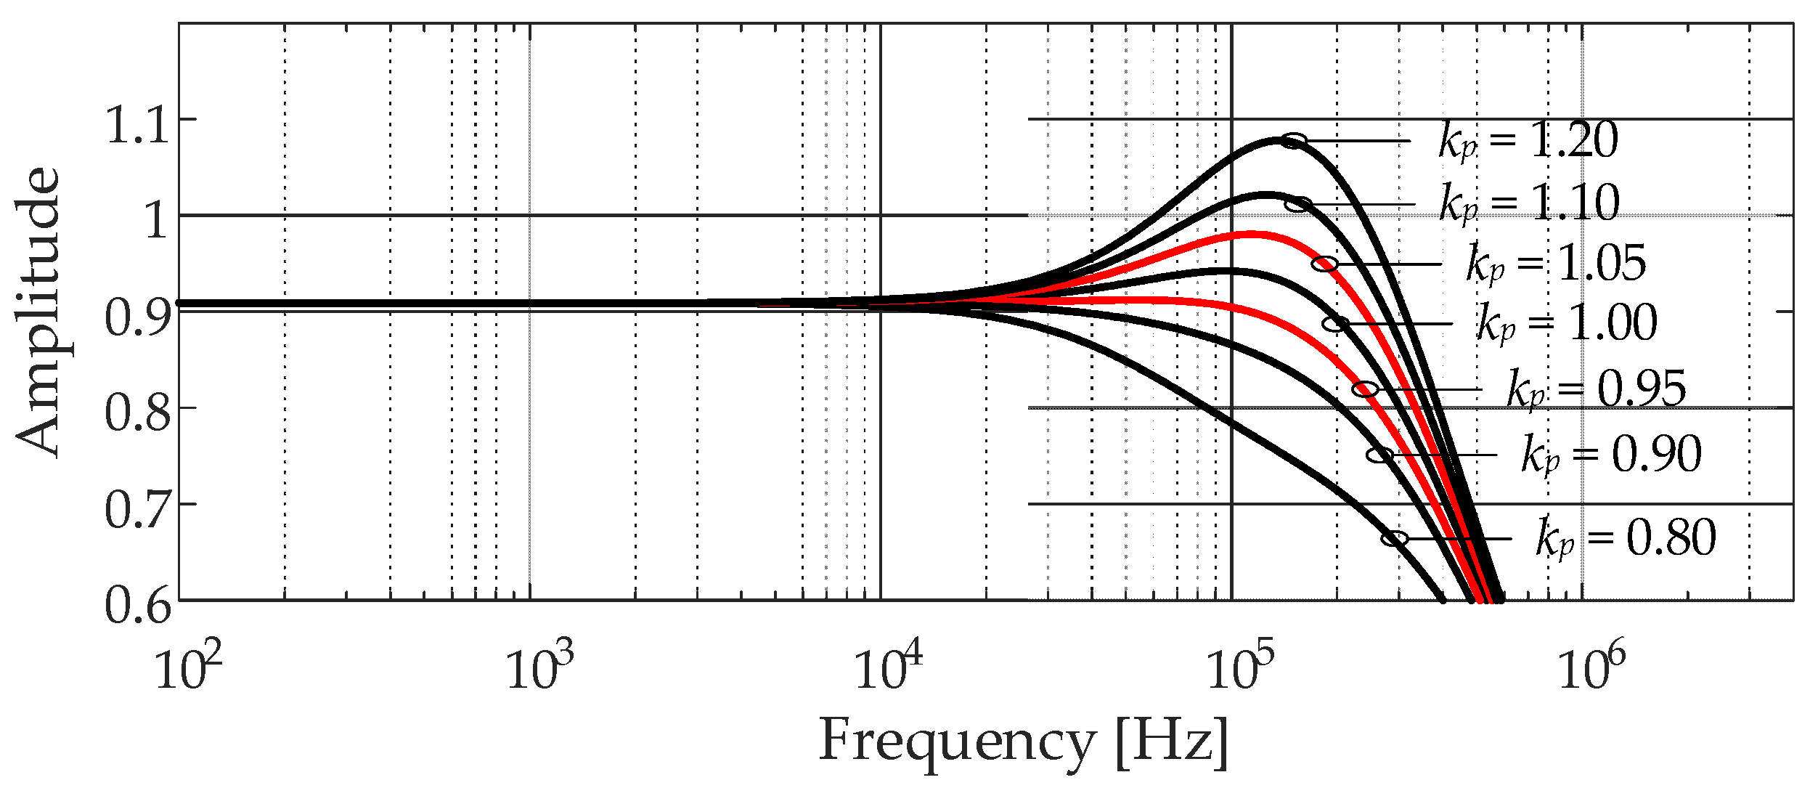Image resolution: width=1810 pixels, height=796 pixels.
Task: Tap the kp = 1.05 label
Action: (x=1556, y=263)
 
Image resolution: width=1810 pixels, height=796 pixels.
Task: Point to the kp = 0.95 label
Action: (x=1596, y=389)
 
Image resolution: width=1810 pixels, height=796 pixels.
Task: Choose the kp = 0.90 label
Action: (x=1611, y=455)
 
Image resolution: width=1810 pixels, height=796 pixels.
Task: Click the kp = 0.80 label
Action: (x=1626, y=538)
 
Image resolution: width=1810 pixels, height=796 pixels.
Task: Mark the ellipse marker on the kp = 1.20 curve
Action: (x=1293, y=141)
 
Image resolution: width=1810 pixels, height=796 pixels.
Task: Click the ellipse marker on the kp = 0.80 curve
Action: (x=1395, y=539)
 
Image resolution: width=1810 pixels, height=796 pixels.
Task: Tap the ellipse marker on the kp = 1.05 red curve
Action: (x=1325, y=264)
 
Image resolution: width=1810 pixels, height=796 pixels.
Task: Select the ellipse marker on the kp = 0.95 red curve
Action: (x=1366, y=389)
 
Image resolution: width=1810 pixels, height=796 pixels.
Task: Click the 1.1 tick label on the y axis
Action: (x=139, y=125)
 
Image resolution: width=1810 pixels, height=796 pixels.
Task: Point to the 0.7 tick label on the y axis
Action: (x=139, y=510)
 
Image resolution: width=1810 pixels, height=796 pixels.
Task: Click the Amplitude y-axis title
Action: (x=38, y=312)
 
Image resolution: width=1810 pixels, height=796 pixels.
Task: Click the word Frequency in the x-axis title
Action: (x=956, y=741)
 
